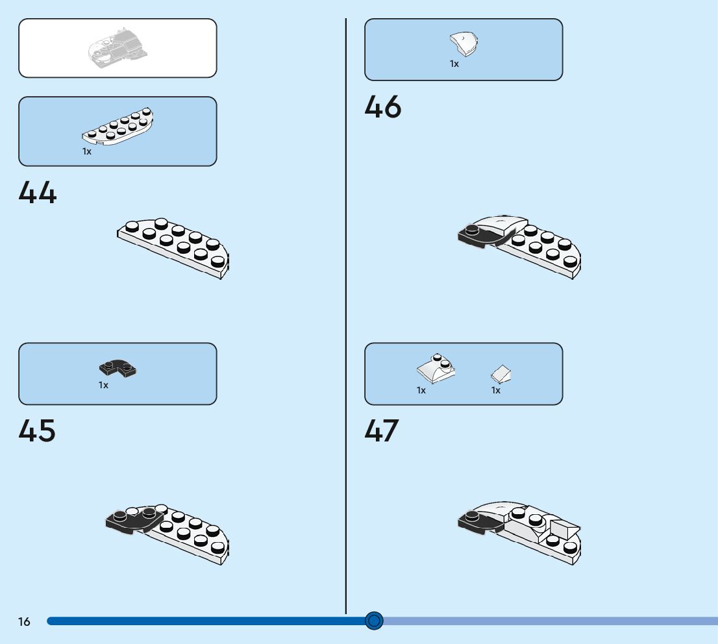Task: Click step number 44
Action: coord(38,193)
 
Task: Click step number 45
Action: coord(38,431)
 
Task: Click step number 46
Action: coord(383,107)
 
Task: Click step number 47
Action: coord(382,431)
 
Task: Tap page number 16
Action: coord(24,622)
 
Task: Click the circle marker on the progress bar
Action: coord(374,621)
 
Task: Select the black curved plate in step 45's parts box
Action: coord(118,369)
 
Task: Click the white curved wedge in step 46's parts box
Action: coord(464,44)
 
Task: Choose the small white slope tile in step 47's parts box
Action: coord(502,373)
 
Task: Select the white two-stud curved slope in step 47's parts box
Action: coord(436,369)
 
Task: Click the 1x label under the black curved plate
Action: coord(103,385)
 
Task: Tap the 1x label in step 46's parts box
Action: coord(454,64)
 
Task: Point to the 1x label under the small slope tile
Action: coord(496,390)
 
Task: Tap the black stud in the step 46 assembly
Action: coord(472,229)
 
